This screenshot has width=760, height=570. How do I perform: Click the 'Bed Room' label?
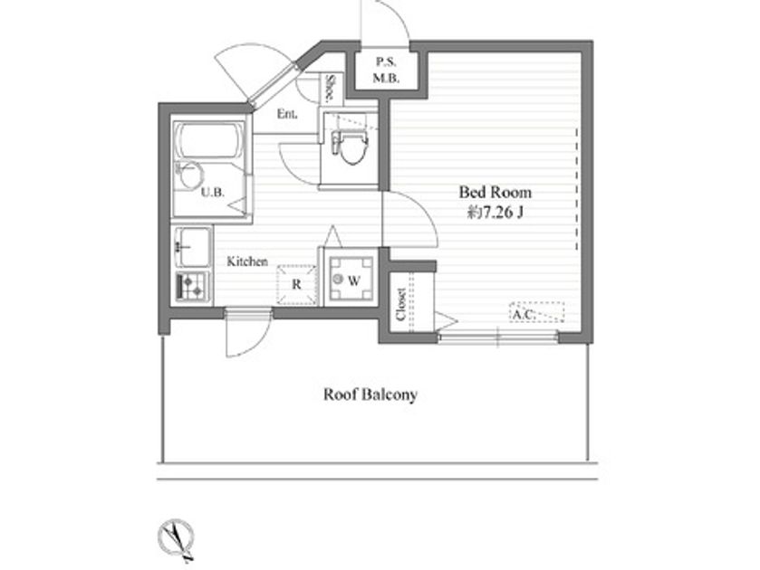[495, 192]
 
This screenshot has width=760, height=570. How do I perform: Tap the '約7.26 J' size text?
[495, 212]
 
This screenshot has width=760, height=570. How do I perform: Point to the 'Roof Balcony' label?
[370, 394]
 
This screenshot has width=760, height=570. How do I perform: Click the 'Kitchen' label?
[247, 261]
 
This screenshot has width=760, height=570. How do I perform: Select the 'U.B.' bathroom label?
[212, 192]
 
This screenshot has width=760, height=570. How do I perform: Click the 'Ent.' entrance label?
[287, 114]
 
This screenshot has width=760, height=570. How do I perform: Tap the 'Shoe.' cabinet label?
[331, 89]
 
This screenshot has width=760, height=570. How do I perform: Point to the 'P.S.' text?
[386, 62]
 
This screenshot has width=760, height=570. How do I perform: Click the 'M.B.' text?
[386, 78]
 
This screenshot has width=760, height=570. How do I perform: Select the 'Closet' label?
[401, 305]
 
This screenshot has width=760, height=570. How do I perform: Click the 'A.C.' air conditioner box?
[536, 312]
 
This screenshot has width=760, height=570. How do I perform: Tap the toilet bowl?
[350, 147]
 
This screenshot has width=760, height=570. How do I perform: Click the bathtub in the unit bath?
[209, 140]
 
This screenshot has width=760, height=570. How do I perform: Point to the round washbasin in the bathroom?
[189, 175]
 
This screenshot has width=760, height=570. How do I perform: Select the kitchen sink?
[192, 247]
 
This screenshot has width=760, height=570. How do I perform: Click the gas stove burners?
[192, 286]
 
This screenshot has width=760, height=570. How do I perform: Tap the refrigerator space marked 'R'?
[296, 285]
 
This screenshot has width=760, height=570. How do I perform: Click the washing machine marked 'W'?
[351, 280]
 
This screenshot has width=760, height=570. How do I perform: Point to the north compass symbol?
[176, 539]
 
